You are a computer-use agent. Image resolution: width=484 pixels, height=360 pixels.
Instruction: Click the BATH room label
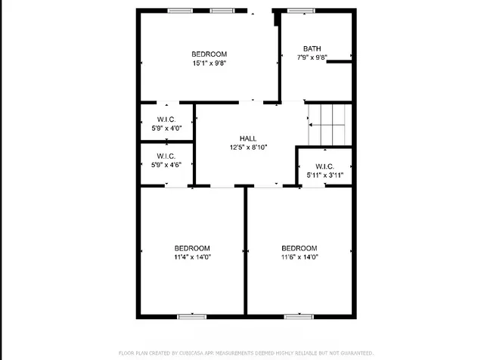click(312, 48)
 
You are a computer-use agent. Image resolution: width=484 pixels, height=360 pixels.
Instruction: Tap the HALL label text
click(248, 138)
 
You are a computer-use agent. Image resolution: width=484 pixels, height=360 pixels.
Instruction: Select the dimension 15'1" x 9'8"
click(209, 64)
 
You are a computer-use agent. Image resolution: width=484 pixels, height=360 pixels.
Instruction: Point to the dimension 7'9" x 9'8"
click(312, 57)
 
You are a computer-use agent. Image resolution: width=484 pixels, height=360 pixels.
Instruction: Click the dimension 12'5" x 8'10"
click(248, 147)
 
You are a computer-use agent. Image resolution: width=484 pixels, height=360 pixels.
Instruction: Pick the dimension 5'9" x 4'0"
click(166, 129)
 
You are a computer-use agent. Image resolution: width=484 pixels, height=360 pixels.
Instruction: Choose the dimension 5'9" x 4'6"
click(166, 165)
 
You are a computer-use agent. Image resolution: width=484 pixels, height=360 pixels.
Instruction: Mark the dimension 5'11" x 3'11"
click(325, 175)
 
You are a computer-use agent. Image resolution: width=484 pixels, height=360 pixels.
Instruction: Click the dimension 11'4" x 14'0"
click(193, 257)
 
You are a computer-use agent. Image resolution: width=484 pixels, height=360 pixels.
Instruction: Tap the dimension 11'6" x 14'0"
click(299, 257)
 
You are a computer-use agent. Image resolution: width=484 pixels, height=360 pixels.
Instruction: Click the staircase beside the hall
click(330, 125)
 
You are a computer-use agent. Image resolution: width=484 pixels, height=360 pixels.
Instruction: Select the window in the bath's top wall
click(301, 11)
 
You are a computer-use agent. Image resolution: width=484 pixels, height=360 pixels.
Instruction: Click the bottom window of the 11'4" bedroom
click(192, 316)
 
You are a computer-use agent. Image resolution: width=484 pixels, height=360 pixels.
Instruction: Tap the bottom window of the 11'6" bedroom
click(299, 316)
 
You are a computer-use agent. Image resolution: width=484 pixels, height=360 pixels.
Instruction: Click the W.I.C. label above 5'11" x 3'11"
click(325, 166)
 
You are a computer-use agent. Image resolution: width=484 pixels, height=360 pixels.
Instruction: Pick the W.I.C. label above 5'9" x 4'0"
click(166, 119)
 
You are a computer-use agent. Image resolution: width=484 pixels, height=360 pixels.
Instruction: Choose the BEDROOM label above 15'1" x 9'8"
click(209, 54)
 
